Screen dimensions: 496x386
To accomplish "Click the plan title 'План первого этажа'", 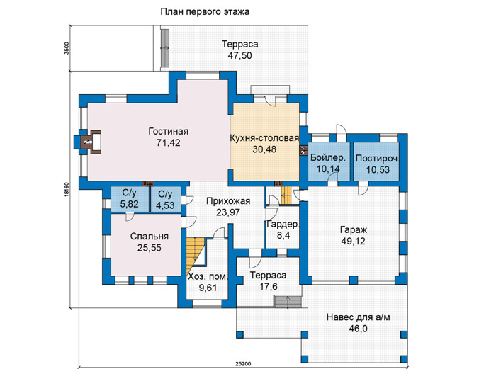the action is point(205,12).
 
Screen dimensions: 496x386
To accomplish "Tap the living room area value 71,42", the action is point(169,142).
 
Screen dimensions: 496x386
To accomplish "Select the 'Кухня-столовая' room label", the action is point(264,138).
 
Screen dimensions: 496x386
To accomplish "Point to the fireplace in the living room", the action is point(91,142).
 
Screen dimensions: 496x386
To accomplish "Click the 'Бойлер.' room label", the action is point(328,157).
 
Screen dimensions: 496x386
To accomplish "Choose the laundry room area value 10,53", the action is point(378,170).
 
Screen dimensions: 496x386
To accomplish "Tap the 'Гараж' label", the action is point(354,229).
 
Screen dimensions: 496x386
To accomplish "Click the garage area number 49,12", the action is point(354,242).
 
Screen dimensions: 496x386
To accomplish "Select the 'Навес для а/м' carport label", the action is point(358,317).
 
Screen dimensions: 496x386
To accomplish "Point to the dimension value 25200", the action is point(243,364).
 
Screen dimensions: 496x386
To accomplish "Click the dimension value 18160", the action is point(66,190).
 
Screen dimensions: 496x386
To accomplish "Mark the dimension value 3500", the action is point(66,48).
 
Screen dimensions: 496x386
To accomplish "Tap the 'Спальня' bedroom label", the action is point(150,236).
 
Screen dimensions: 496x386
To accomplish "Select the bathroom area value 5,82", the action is point(130,204).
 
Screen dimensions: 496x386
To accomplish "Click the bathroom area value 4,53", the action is point(165,205).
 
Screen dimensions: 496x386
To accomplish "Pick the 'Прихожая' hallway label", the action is point(228,200).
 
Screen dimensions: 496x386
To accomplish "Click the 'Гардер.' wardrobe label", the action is point(283,224).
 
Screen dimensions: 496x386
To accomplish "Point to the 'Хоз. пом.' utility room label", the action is point(208,276).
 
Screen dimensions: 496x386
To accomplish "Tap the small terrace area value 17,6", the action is point(269,287).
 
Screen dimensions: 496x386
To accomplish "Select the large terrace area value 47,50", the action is point(239,55).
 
